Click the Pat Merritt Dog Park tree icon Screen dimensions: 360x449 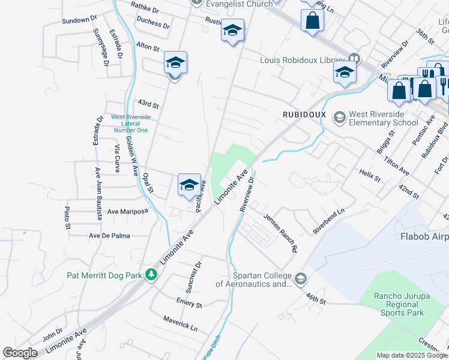coord(152,275)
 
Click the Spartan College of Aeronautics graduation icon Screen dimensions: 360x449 coord(300,278)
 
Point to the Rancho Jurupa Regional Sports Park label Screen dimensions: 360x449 coord(399,304)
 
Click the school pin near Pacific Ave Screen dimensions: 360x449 coord(189,185)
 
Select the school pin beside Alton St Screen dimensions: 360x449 coord(175,63)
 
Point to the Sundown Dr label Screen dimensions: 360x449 coord(79,20)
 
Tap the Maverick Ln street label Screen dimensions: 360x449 coord(180,324)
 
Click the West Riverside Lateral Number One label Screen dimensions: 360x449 coord(130,124)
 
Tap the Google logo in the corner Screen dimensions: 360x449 coord(20,353)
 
